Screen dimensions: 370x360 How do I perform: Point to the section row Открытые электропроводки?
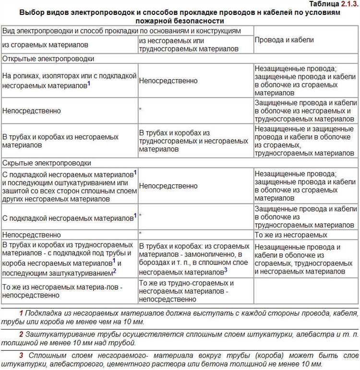tap(48, 59)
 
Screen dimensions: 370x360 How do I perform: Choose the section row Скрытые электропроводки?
tap(47, 163)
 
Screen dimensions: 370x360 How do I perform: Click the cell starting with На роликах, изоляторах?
tap(69, 81)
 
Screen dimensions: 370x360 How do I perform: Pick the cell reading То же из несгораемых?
tap(291, 235)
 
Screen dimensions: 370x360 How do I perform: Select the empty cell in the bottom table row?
tap(306, 291)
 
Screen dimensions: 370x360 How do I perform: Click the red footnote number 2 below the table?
tap(21, 333)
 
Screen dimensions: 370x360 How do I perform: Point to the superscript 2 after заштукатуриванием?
tap(114, 271)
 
